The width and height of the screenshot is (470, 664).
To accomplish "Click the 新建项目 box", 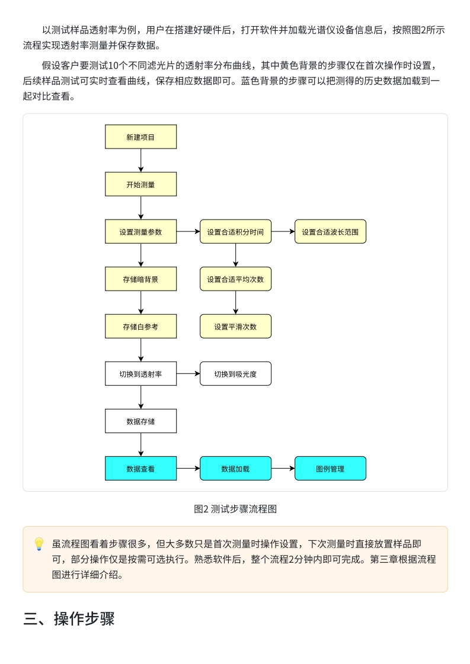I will point(140,137).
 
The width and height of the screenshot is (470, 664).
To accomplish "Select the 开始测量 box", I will point(140,184).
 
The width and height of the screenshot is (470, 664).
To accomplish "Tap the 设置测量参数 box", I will point(140,231).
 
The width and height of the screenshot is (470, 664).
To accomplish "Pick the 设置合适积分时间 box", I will point(235,231).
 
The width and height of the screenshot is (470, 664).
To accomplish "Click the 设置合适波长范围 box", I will point(330,231).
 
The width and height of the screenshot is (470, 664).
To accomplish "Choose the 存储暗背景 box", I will point(140,279).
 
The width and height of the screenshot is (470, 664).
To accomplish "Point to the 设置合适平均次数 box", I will point(235,279).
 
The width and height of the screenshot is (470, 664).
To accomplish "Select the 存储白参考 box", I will point(140,326).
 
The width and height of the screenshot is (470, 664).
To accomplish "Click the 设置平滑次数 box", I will point(235,326).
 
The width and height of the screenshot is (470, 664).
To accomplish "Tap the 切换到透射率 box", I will point(140,373).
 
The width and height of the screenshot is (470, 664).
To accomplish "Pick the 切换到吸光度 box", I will point(235,373).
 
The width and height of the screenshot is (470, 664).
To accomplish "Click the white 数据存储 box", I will point(140,421).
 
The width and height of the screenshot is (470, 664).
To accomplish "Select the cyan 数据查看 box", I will point(140,468).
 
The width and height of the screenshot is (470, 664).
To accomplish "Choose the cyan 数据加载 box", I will point(235,468).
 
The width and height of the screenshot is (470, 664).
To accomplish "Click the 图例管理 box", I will point(330,468).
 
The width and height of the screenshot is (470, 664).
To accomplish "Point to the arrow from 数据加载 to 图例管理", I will point(283,468).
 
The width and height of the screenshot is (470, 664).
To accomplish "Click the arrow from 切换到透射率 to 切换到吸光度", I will point(188,373).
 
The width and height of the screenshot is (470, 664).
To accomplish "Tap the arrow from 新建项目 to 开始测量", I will point(140,160).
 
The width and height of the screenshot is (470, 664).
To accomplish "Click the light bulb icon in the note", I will point(39,543).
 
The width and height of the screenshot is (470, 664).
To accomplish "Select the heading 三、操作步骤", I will point(69,619).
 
